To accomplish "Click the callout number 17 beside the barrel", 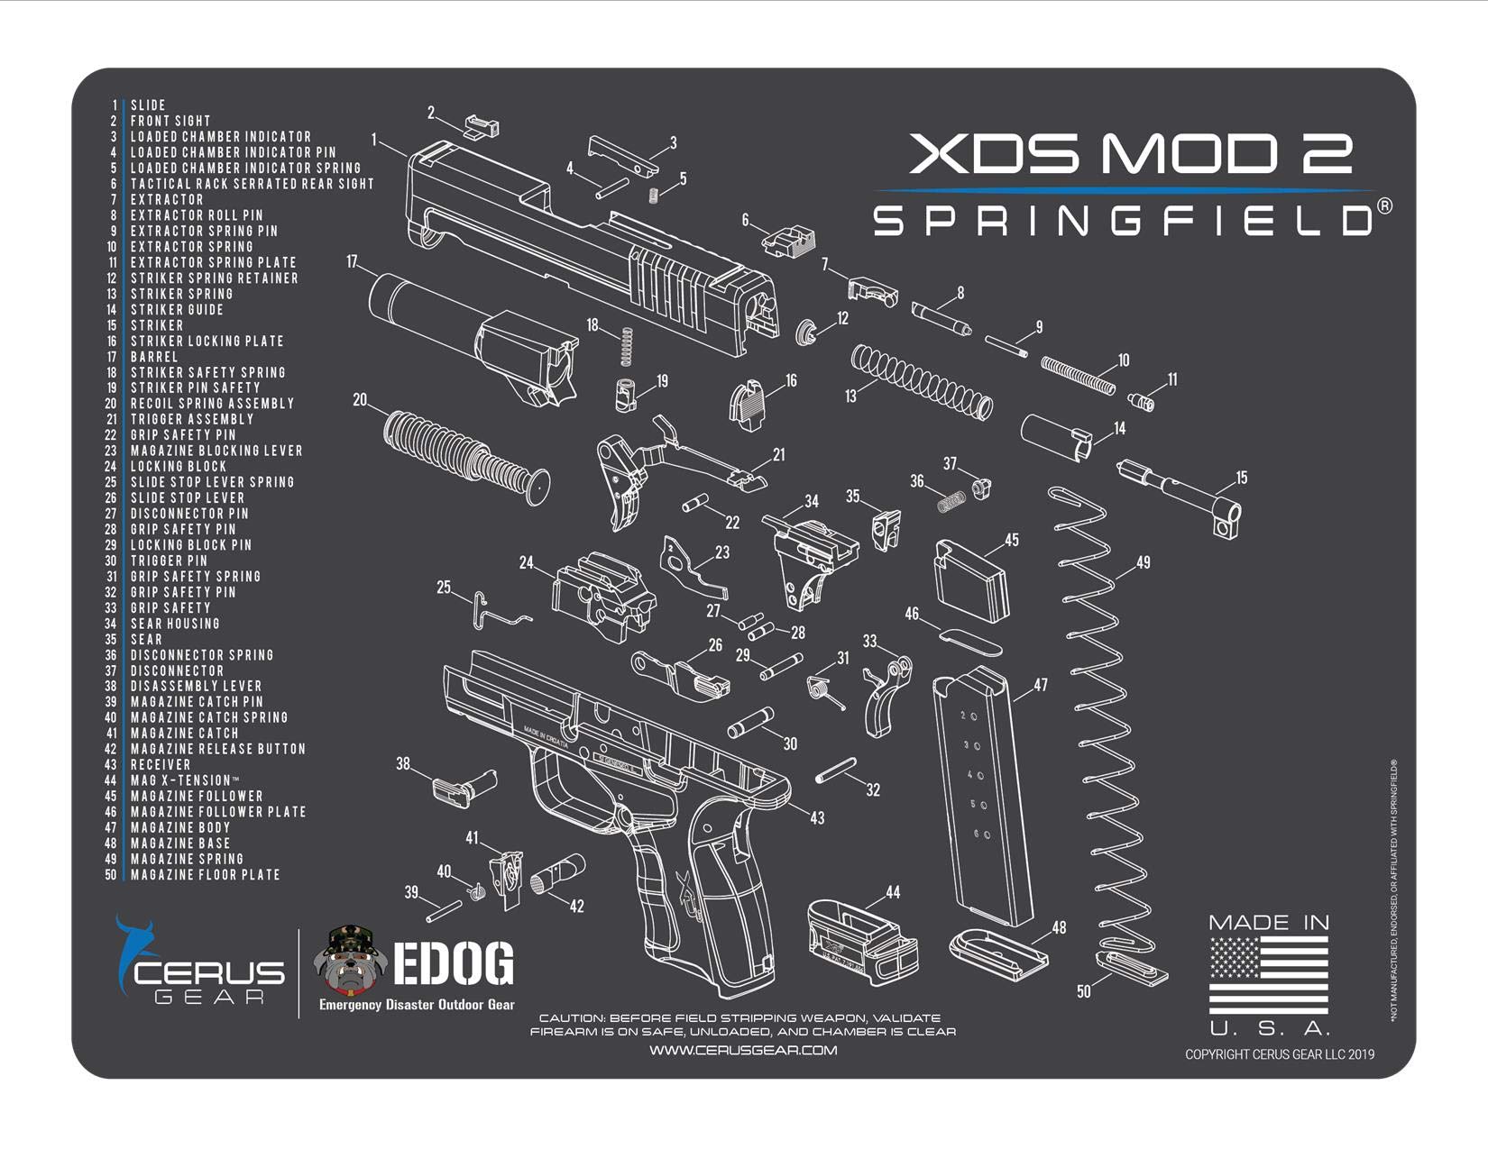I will tap(352, 262).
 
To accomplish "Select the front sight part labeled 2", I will tap(480, 125).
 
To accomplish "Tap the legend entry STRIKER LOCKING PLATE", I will tap(207, 342).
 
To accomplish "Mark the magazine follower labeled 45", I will tap(970, 581).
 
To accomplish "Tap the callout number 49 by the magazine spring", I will tap(1143, 562).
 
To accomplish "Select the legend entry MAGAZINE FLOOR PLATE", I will tap(205, 875).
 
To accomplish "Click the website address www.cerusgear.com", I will tap(743, 1050).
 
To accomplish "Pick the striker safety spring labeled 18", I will tap(628, 347).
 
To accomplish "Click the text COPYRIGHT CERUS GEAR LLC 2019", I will tap(1279, 1054).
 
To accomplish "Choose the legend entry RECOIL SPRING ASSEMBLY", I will tap(212, 404).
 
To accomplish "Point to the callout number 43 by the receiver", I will tap(816, 818).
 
